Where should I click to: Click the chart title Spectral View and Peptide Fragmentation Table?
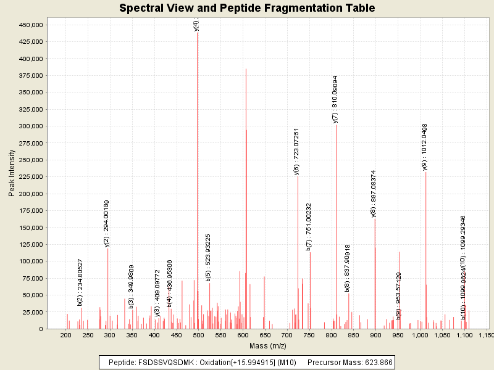(247, 8)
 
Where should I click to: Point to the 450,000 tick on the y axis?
(29, 25)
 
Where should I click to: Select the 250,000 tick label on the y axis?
(29, 160)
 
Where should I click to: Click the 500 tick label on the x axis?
(198, 335)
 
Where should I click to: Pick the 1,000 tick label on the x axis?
(420, 335)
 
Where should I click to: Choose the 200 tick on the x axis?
(65, 335)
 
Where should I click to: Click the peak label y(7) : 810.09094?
(335, 99)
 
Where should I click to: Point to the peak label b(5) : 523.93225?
(209, 257)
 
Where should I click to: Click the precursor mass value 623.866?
(378, 362)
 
